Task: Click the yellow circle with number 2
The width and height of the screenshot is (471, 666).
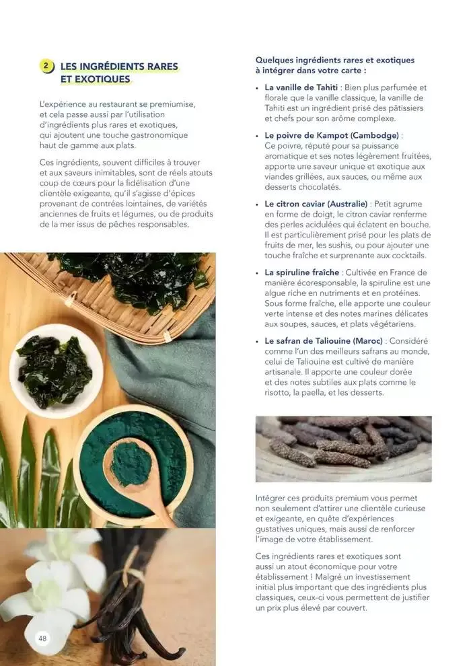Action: click(46, 66)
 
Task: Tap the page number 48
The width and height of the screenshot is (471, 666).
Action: click(42, 638)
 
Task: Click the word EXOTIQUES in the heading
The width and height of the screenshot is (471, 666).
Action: click(102, 79)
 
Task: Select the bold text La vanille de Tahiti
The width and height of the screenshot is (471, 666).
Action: click(301, 87)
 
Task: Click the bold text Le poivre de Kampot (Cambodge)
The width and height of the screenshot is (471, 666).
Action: click(332, 135)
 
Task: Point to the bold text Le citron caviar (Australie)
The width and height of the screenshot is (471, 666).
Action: click(316, 203)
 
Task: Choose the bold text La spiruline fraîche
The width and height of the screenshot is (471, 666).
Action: click(302, 272)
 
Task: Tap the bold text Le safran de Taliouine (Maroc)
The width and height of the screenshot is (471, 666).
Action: click(324, 341)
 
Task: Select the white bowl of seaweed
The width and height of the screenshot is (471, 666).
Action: click(55, 369)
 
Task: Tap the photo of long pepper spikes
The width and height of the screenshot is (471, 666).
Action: click(343, 449)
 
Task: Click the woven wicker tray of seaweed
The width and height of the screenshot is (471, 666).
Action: click(121, 289)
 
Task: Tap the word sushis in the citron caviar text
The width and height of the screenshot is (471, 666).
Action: click(340, 246)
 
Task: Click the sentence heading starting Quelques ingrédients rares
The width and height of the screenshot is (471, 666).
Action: click(334, 65)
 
